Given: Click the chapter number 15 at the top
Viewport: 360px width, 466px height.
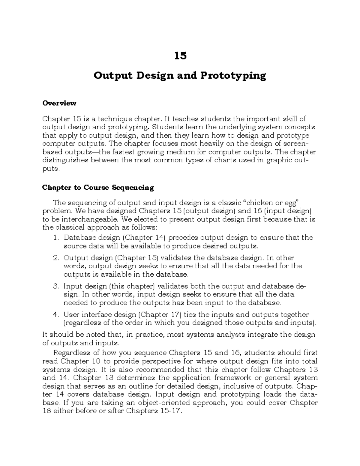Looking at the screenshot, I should click(180, 56).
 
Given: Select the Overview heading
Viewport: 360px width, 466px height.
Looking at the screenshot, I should click(59, 103).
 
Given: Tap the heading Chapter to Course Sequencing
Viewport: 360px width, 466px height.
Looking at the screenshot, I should click(98, 188).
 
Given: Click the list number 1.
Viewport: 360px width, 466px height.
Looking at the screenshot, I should click(55, 238).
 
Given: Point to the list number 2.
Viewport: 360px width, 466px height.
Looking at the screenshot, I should click(55, 258).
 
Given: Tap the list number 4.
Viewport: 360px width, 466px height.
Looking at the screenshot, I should click(55, 314).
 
